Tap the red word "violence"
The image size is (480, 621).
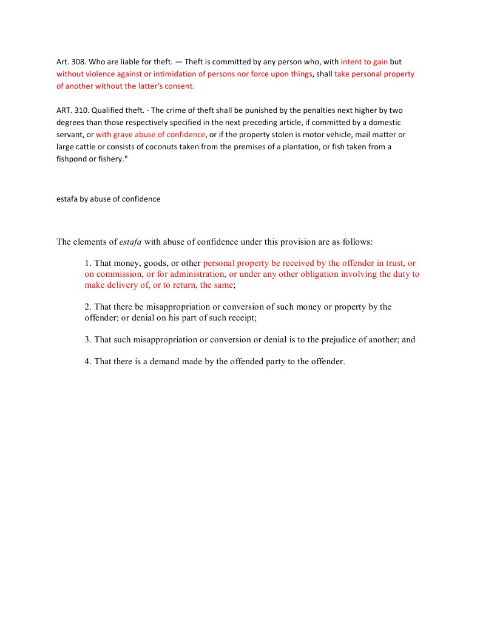tap(99, 74)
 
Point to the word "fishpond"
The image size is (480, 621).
tap(72, 159)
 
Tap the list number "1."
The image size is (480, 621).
tap(88, 263)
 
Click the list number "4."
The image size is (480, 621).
tap(88, 362)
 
